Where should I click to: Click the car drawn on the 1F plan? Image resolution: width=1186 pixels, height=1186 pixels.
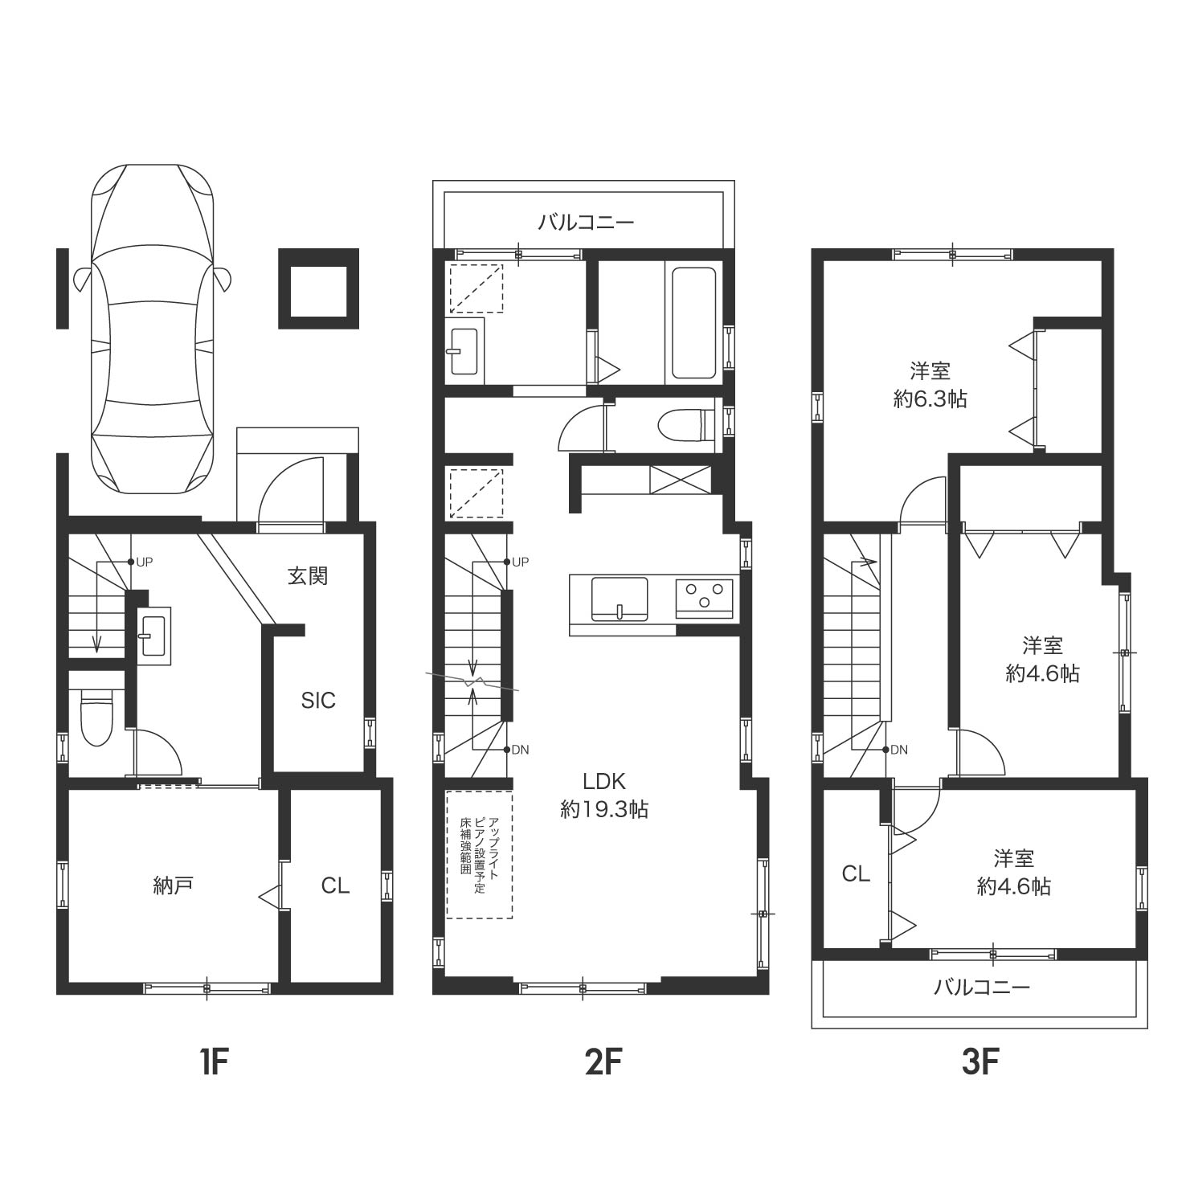point(152,329)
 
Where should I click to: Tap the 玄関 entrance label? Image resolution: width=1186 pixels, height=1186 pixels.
point(308,576)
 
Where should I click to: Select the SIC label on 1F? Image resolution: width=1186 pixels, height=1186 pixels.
point(318,701)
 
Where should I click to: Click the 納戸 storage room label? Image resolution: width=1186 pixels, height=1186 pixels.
point(174,885)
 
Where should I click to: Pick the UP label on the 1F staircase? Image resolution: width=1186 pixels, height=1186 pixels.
point(144,562)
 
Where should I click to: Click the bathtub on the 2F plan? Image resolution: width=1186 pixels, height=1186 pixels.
point(693,322)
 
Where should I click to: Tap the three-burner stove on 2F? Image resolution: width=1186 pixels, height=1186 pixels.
point(704,599)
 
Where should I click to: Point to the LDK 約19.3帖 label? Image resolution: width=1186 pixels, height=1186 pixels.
point(604,795)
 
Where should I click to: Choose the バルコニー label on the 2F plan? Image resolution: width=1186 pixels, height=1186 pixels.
point(586,222)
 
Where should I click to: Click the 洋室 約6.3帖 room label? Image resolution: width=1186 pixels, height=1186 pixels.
point(930,385)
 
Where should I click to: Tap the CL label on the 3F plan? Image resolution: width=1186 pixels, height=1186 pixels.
point(856,873)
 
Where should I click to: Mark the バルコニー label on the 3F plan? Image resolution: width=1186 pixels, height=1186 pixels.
point(981,987)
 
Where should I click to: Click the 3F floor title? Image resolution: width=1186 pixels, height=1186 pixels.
point(979,1063)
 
